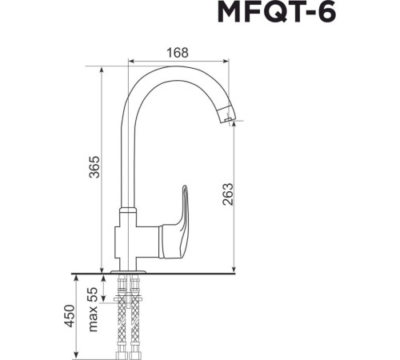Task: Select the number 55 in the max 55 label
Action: [93, 294]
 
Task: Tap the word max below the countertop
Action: [93, 320]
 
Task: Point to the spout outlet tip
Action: [228, 121]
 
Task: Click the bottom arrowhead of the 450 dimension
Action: [77, 354]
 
